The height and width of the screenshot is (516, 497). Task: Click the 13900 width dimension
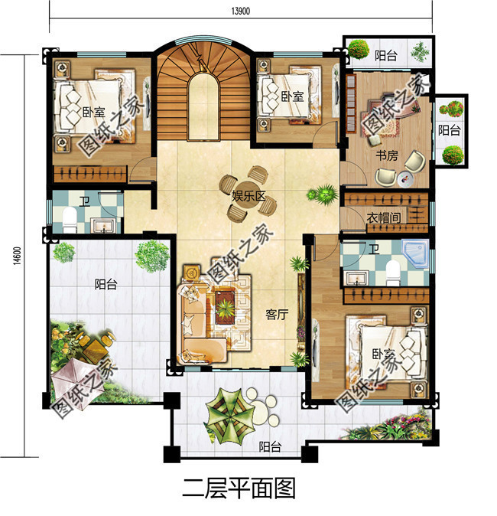[x=240, y=10]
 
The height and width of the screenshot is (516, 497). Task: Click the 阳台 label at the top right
[x=385, y=54]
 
